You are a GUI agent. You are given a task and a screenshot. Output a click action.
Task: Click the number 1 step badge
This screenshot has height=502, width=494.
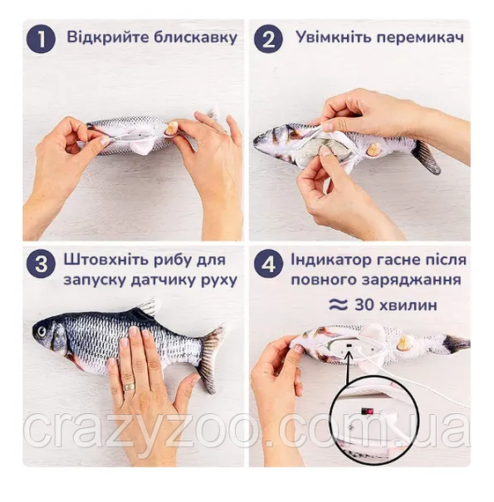point(41,40)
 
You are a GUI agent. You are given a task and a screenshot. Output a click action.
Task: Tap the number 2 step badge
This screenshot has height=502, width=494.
point(269,40)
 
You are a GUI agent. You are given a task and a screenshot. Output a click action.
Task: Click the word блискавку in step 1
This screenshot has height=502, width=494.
point(195,38)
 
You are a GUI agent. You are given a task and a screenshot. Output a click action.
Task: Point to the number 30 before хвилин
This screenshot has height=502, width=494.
point(364,305)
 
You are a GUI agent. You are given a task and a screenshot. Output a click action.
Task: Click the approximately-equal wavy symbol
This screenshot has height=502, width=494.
point(338,305)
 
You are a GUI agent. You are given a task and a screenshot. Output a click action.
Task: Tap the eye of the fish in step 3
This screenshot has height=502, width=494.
point(41,331)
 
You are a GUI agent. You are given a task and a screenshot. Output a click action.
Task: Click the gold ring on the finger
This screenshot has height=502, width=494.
point(129,387)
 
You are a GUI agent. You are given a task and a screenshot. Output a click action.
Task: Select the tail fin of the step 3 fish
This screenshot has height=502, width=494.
point(210,358)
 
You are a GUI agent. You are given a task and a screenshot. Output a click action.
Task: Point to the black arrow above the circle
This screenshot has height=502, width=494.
point(348,365)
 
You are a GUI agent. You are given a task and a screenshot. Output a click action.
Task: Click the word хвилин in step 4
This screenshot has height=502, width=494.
point(408,305)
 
